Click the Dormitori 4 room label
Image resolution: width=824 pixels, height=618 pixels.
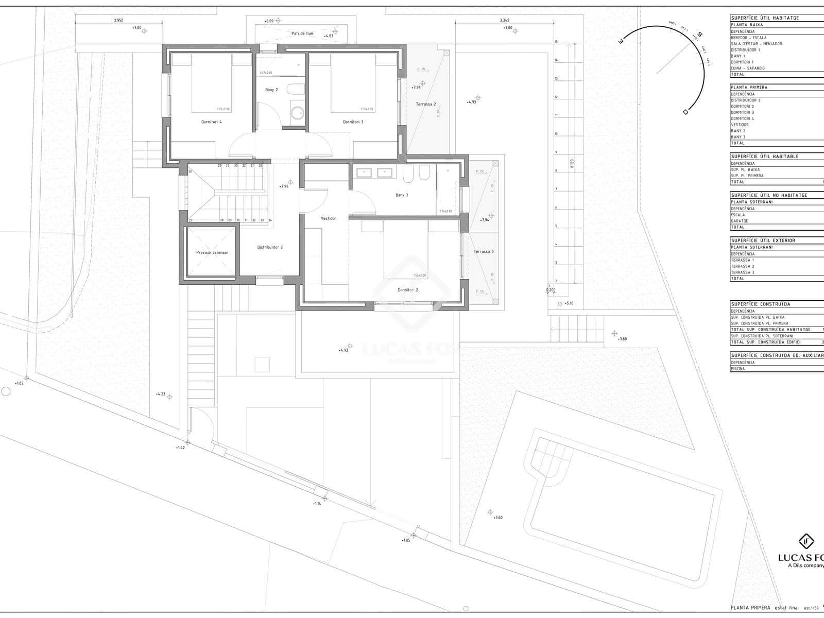point(211,122)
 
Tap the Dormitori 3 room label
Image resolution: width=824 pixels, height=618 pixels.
point(353,122)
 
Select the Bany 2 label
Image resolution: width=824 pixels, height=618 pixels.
point(271,90)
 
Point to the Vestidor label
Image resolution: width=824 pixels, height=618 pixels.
point(328,218)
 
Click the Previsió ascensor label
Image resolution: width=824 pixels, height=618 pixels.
point(212,252)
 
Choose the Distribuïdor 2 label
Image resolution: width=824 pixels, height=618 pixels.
point(270,247)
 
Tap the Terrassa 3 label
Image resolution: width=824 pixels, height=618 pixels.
point(484,251)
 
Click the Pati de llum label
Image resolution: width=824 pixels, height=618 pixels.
point(302,33)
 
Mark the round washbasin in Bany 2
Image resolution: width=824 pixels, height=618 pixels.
point(297,113)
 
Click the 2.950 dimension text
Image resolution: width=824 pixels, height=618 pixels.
point(118,21)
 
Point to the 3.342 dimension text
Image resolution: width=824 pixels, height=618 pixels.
point(505,21)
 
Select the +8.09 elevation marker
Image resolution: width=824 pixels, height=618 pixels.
point(269,21)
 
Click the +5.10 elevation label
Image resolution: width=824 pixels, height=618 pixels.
point(569,303)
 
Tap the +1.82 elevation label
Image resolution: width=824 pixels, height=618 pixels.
point(19,383)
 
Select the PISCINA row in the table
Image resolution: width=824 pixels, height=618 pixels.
point(738,369)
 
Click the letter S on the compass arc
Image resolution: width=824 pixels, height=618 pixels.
point(700,35)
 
